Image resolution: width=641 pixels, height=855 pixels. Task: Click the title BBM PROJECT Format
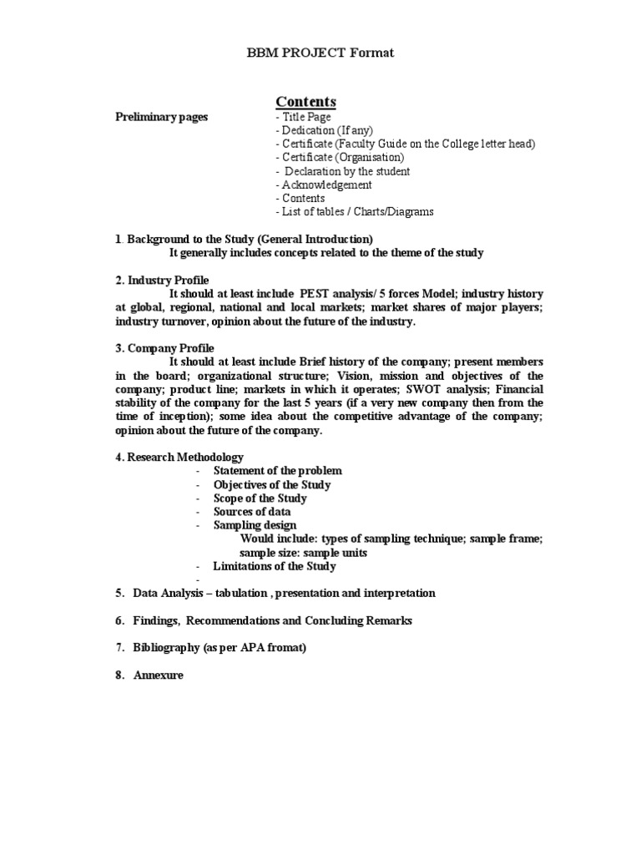(x=320, y=53)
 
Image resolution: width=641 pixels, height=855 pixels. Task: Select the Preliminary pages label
(x=161, y=117)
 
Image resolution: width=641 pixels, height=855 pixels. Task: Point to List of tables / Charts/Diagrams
(x=355, y=212)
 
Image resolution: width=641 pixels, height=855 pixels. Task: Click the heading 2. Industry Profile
(x=162, y=280)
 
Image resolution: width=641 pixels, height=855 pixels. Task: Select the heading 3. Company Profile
(x=164, y=347)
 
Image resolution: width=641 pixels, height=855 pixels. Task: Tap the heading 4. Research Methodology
(x=179, y=457)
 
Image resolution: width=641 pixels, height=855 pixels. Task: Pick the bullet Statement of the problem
(x=277, y=471)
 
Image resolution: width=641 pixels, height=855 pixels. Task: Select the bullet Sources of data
(x=251, y=512)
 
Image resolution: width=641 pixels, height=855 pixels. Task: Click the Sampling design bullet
(x=255, y=525)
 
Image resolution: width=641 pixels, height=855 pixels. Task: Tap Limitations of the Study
(x=274, y=566)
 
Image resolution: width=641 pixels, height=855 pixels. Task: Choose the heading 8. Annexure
(x=149, y=675)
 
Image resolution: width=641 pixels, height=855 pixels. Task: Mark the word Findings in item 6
(x=156, y=620)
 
